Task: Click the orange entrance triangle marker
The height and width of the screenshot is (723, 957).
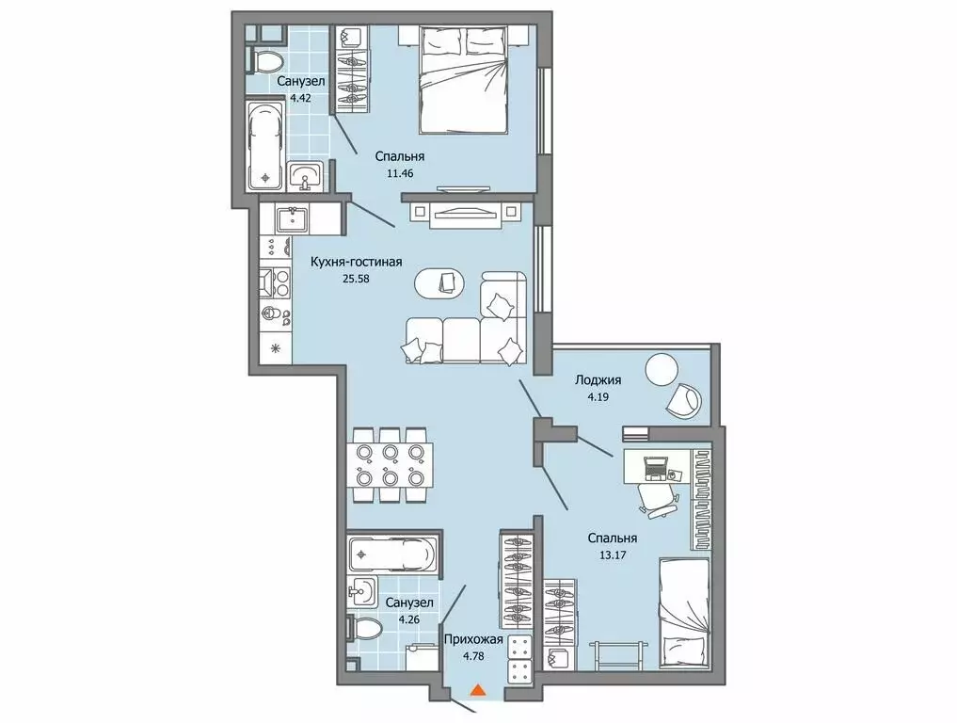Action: (478, 690)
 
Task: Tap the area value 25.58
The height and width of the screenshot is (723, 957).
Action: (357, 279)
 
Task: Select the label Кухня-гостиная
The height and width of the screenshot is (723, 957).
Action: (357, 262)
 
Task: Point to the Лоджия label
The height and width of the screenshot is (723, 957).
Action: (598, 379)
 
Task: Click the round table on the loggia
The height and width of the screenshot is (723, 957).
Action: (662, 370)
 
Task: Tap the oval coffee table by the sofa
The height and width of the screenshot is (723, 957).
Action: (439, 284)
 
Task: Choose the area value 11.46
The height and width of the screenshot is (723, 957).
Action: (400, 173)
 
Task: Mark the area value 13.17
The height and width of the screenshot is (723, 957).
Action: (613, 555)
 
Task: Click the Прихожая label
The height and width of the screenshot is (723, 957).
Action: (473, 639)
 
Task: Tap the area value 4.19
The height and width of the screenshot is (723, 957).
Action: (598, 396)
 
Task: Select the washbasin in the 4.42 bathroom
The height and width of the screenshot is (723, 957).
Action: (304, 176)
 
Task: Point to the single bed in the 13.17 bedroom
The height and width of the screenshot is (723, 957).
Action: (683, 616)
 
